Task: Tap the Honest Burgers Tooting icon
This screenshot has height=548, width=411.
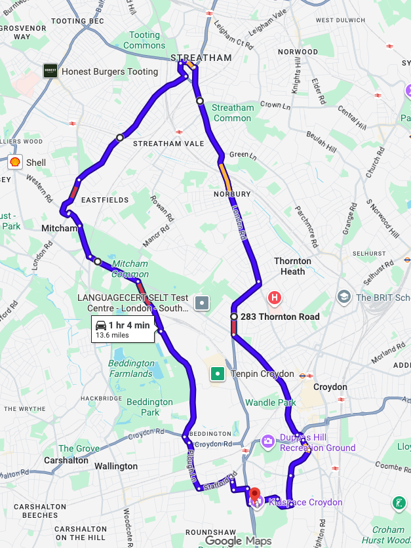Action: (x=50, y=71)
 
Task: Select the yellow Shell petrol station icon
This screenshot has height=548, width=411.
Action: (x=14, y=161)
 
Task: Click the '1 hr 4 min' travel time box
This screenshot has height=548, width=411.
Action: (x=123, y=329)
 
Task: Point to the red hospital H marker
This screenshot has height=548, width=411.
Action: (x=275, y=298)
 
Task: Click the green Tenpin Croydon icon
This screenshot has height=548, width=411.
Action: (x=217, y=374)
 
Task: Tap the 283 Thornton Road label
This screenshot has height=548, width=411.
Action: (x=280, y=317)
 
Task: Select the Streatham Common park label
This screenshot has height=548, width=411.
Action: (x=232, y=113)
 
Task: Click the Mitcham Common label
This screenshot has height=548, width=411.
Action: (x=130, y=269)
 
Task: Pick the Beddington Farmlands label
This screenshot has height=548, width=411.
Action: (x=130, y=368)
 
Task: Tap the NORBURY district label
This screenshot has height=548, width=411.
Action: (x=232, y=194)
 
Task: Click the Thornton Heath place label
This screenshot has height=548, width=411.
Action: (x=292, y=266)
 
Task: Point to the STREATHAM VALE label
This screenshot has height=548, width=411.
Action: (x=168, y=144)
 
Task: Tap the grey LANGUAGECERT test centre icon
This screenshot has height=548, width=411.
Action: (x=202, y=302)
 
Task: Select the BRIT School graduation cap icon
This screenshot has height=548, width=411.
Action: (x=343, y=297)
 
